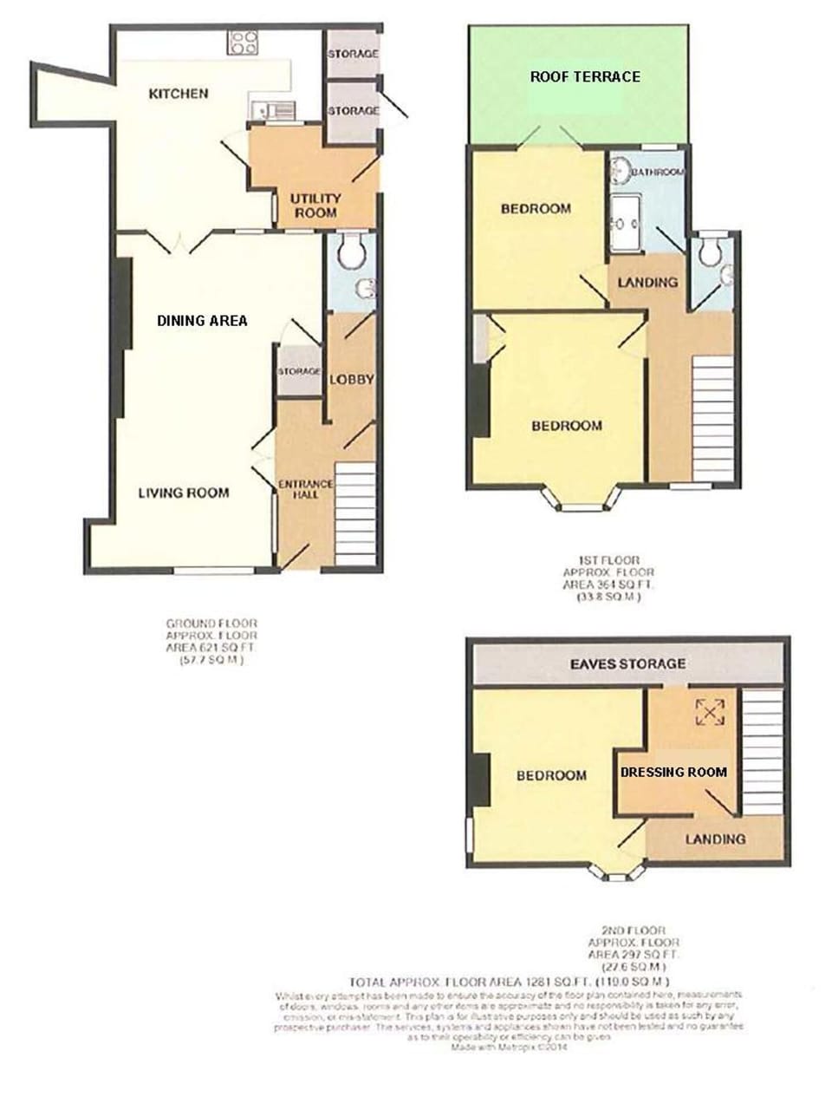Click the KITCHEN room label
178,93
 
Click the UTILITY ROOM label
315,205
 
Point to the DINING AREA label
202,320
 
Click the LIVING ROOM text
184,493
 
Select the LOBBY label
351,379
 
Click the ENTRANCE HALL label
305,489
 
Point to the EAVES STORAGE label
627,663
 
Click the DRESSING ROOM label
673,771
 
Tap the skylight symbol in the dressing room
709,712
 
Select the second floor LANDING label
715,839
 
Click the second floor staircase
763,750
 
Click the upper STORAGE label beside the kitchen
353,54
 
